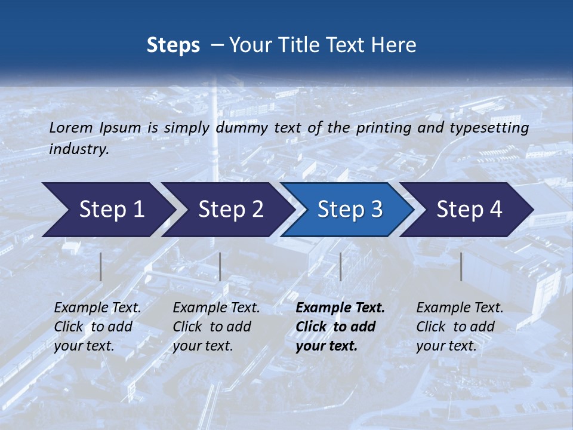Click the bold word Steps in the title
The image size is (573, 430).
(173, 45)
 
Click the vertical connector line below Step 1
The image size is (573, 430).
(101, 266)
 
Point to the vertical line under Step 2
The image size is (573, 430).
(220, 266)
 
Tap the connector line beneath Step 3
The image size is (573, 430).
(340, 266)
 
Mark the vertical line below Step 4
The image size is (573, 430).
(461, 266)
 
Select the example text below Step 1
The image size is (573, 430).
(97, 326)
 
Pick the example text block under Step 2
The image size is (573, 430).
(216, 326)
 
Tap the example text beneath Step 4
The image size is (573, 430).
(460, 326)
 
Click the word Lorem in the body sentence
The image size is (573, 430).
(71, 128)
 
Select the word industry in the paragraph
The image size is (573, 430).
(78, 149)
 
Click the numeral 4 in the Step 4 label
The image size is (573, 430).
(495, 210)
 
